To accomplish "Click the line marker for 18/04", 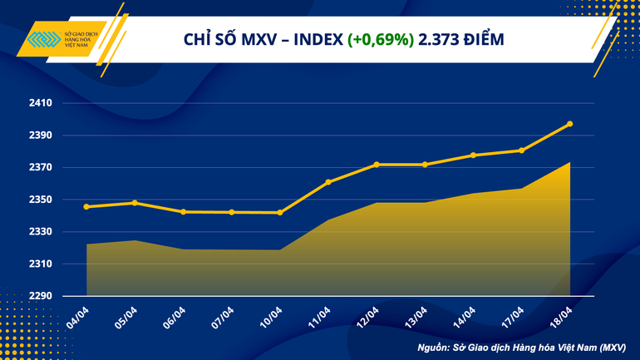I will tap(569, 124).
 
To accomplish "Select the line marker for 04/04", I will tap(87, 206).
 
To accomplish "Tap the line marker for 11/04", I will tap(328, 181).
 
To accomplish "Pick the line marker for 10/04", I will tap(280, 213).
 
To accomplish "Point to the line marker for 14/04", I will tap(473, 155).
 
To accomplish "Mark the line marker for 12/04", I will tap(377, 165).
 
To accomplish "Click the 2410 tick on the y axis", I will tap(40, 103).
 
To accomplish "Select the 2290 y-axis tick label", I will tap(40, 296).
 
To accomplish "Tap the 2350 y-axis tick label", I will tap(40, 200).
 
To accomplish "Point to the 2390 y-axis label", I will tap(40, 136).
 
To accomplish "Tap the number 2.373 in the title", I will tap(439, 39).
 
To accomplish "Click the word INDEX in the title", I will tap(316, 39).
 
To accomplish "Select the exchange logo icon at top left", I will tap(42, 39).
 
